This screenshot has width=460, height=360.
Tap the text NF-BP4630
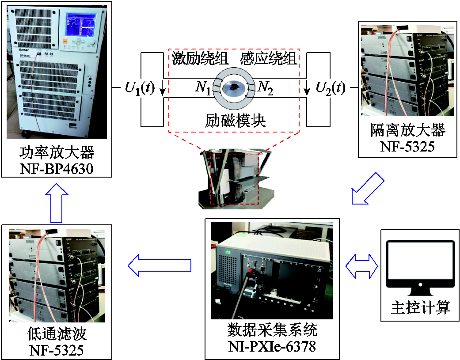(x=57, y=168)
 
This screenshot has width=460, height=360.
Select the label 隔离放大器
(x=407, y=131)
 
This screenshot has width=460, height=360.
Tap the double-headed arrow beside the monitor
(x=361, y=266)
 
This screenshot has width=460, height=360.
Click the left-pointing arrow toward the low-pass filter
(x=160, y=266)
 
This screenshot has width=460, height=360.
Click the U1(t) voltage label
(x=139, y=88)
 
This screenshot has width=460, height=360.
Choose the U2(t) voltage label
(x=330, y=88)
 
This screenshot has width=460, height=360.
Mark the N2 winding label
(x=266, y=88)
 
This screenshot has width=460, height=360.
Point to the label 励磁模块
(x=235, y=121)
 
